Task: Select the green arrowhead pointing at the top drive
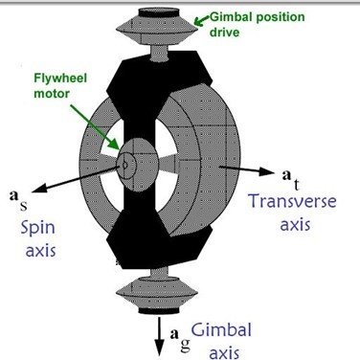(198, 15)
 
